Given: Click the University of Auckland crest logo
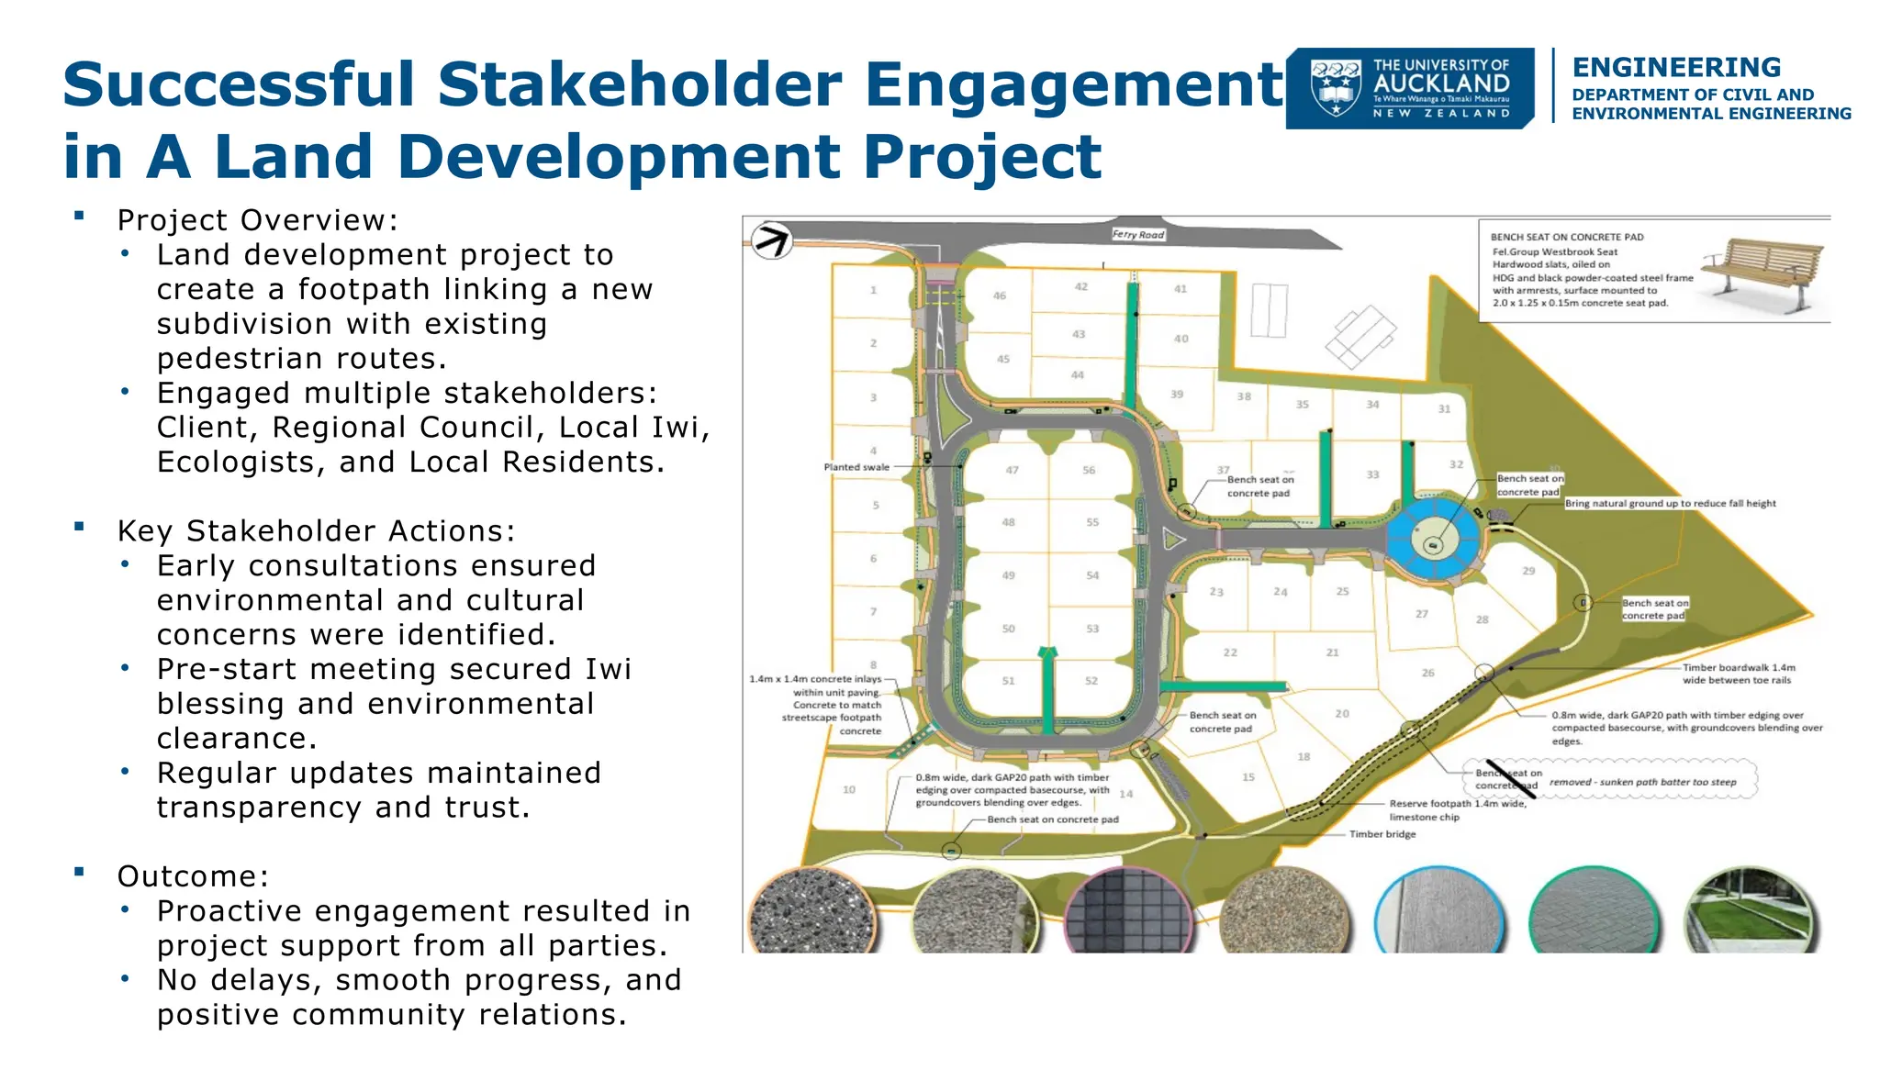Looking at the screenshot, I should [1336, 88].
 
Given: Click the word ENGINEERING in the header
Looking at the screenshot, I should [1676, 68].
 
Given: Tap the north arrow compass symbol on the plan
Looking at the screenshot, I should [771, 241].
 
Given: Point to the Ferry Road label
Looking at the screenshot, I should [1137, 235].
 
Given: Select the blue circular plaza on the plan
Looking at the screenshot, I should [1433, 540].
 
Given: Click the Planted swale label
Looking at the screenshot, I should [856, 467].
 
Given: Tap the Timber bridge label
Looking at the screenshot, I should [1382, 834].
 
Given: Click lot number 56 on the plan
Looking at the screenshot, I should [1089, 470].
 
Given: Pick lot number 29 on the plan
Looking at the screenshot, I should [1528, 571].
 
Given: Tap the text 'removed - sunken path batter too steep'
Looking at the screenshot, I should [1642, 783].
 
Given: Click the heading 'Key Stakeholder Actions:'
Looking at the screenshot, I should [317, 531].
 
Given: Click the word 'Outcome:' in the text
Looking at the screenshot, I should [193, 876].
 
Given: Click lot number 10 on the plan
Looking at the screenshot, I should [849, 789].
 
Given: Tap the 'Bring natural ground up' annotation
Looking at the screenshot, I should [1670, 504].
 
